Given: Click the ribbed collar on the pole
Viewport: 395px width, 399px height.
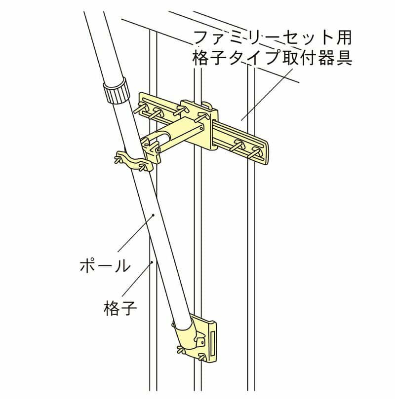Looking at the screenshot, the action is coord(116,90).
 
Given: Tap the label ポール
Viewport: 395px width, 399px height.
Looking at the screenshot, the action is coord(105,266).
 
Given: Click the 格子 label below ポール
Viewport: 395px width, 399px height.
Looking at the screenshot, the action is coord(120,308).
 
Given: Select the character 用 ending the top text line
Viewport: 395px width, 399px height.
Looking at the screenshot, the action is coord(343,37).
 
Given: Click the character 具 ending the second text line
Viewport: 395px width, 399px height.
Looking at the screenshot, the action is coord(344,57).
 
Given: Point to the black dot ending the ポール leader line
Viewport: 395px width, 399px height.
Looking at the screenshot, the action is coord(154,215).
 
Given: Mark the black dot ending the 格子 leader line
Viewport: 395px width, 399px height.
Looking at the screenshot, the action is coord(152,262).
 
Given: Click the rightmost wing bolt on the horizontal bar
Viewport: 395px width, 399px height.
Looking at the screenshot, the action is coord(255,152).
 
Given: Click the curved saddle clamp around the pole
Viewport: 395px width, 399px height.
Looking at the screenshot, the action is coord(133,162).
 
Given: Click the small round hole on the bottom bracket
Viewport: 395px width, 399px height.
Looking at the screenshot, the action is coord(202,343).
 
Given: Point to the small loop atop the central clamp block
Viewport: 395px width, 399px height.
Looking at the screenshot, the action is coord(206,105).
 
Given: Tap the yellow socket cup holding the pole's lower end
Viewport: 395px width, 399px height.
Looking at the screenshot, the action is coord(188,333).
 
